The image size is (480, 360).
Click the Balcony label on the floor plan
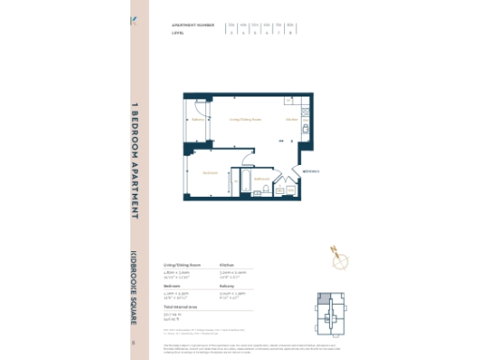198,120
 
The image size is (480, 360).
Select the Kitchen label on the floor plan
292,120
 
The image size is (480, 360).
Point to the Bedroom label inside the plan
211,172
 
